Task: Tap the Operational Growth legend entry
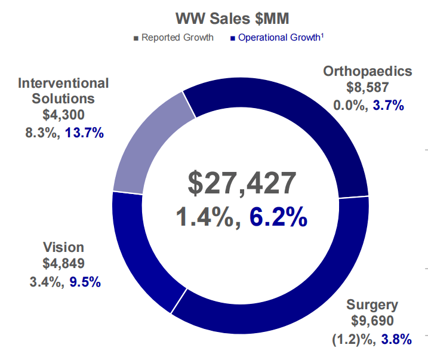pyautogui.click(x=279, y=38)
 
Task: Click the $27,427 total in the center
pyautogui.click(x=240, y=183)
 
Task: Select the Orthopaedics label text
pyautogui.click(x=367, y=72)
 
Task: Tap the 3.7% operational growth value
pyautogui.click(x=389, y=106)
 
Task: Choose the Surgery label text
pyautogui.click(x=372, y=305)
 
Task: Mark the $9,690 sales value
pyautogui.click(x=372, y=322)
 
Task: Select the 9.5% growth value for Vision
pyautogui.click(x=85, y=281)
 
